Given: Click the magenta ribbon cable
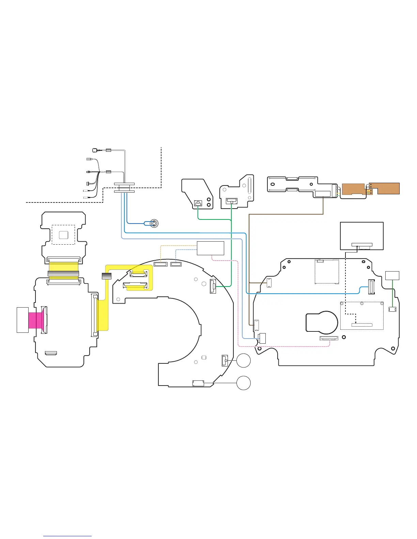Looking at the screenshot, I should tap(35, 320).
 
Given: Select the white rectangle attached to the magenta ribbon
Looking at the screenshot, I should tap(22, 320).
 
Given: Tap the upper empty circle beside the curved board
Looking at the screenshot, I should tap(244, 360).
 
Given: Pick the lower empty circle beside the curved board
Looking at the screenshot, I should tap(244, 383).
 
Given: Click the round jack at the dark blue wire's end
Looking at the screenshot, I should tap(154, 223).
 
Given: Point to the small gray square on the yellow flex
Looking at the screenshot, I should tap(107, 276).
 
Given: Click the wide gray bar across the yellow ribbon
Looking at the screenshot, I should tap(63, 274).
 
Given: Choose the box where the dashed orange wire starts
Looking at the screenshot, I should tap(211, 248).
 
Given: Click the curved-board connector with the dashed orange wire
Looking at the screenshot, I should tap(160, 264).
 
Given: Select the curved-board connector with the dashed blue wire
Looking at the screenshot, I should tap(176, 264).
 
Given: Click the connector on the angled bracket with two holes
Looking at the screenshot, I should tap(198, 203).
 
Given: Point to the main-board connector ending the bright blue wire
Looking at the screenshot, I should tap(372, 287).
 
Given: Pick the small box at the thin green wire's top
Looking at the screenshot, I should tap(392, 275).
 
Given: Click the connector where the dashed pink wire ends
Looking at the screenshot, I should tap(329, 338).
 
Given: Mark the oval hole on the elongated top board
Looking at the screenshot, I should tap(272, 185).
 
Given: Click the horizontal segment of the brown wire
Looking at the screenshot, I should tap(286, 214).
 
